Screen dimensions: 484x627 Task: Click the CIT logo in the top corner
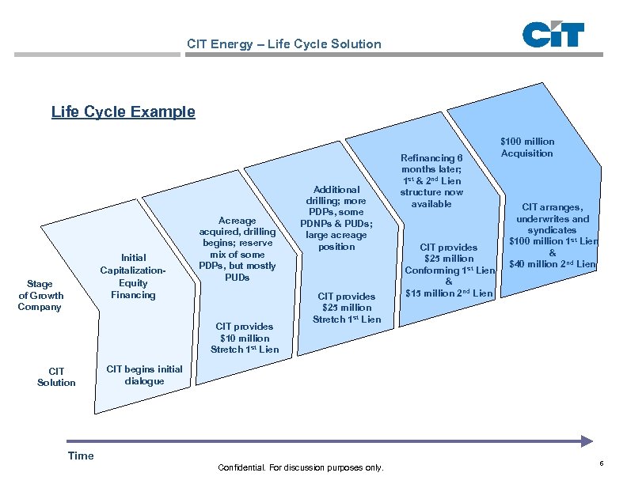(553, 35)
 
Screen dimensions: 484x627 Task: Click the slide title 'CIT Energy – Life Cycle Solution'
(283, 44)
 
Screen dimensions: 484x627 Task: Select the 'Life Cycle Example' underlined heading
(123, 112)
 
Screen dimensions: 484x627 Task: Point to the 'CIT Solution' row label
(56, 376)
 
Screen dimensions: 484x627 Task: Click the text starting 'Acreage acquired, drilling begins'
(237, 249)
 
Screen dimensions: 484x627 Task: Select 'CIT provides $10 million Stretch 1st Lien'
(244, 338)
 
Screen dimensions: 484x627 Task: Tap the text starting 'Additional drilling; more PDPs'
(337, 217)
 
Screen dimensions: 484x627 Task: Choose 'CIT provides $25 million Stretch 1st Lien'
(347, 308)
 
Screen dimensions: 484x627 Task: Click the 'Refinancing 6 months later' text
(431, 181)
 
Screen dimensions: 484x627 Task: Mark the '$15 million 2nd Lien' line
(448, 293)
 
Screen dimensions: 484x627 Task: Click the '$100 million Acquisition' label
(527, 147)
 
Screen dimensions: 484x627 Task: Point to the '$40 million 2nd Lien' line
(553, 263)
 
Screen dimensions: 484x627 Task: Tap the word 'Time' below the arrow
(81, 456)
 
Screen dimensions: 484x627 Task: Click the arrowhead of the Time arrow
(587, 441)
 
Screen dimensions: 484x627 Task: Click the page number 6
(602, 463)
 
